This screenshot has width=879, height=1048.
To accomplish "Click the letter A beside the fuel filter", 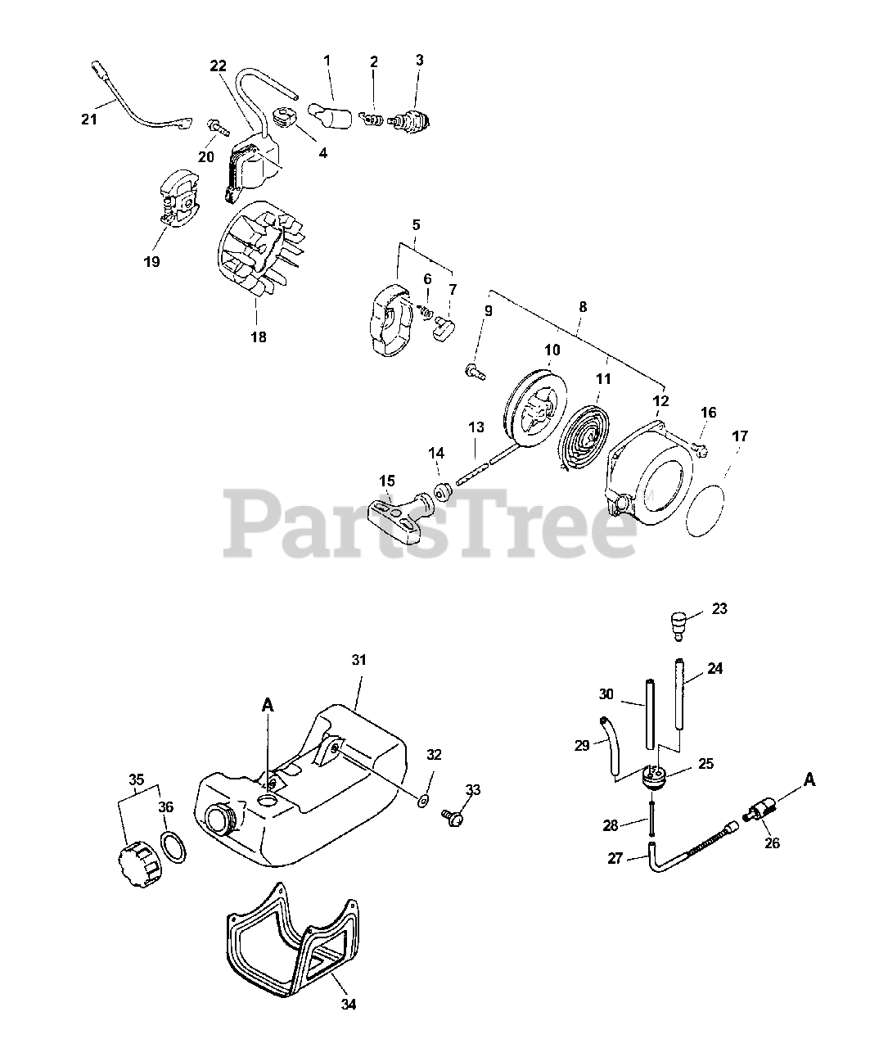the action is pyautogui.click(x=809, y=779).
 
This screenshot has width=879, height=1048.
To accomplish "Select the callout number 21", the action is pyautogui.click(x=88, y=120).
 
